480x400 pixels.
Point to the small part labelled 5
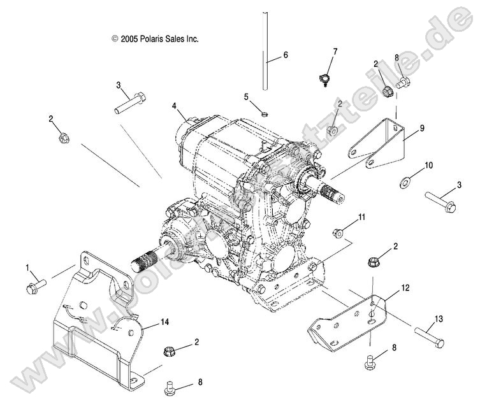tap(263, 115)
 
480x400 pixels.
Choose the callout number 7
tap(335, 51)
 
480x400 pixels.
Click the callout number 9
tap(421, 129)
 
